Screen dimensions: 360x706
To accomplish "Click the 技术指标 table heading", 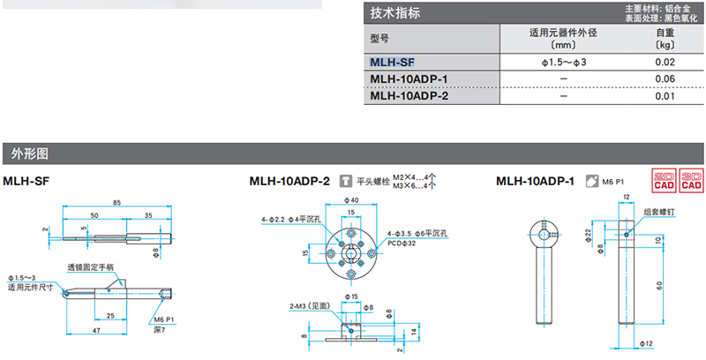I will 394,13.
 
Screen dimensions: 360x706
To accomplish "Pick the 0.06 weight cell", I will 665,79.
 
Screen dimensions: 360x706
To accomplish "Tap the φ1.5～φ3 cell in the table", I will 563,63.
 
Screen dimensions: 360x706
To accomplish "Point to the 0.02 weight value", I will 665,63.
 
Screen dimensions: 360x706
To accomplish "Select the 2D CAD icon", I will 663,181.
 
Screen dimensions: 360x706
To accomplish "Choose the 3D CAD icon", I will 691,181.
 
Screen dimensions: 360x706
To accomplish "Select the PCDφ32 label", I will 404,243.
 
